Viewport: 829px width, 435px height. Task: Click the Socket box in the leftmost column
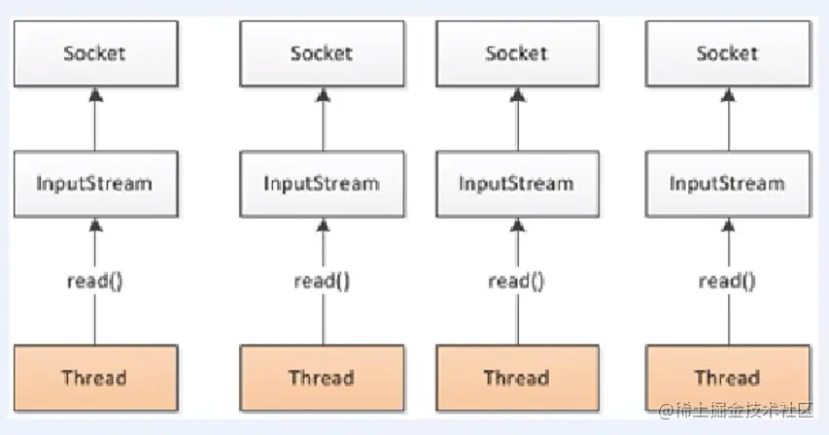pyautogui.click(x=94, y=52)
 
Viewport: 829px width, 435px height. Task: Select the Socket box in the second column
pyautogui.click(x=321, y=52)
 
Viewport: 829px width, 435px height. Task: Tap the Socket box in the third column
pyautogui.click(x=516, y=52)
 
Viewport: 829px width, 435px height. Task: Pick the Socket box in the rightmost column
pyautogui.click(x=727, y=52)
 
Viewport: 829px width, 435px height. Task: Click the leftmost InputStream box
pyautogui.click(x=94, y=183)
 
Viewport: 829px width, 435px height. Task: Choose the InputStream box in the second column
pyautogui.click(x=321, y=183)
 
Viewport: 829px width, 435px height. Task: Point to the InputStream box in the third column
pyautogui.click(x=516, y=183)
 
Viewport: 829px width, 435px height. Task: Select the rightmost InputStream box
pyautogui.click(x=727, y=183)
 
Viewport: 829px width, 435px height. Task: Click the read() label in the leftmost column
pyautogui.click(x=94, y=282)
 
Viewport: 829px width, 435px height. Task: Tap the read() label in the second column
pyautogui.click(x=321, y=282)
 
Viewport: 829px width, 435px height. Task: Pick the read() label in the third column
pyautogui.click(x=516, y=282)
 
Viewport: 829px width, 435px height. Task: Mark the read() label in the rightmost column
pyautogui.click(x=727, y=282)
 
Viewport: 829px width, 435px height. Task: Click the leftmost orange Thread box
pyautogui.click(x=94, y=377)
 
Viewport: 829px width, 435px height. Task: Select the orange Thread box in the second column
pyautogui.click(x=321, y=377)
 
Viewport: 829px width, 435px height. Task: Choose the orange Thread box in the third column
pyautogui.click(x=516, y=377)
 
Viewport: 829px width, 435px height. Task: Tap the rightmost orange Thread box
pyautogui.click(x=727, y=377)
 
